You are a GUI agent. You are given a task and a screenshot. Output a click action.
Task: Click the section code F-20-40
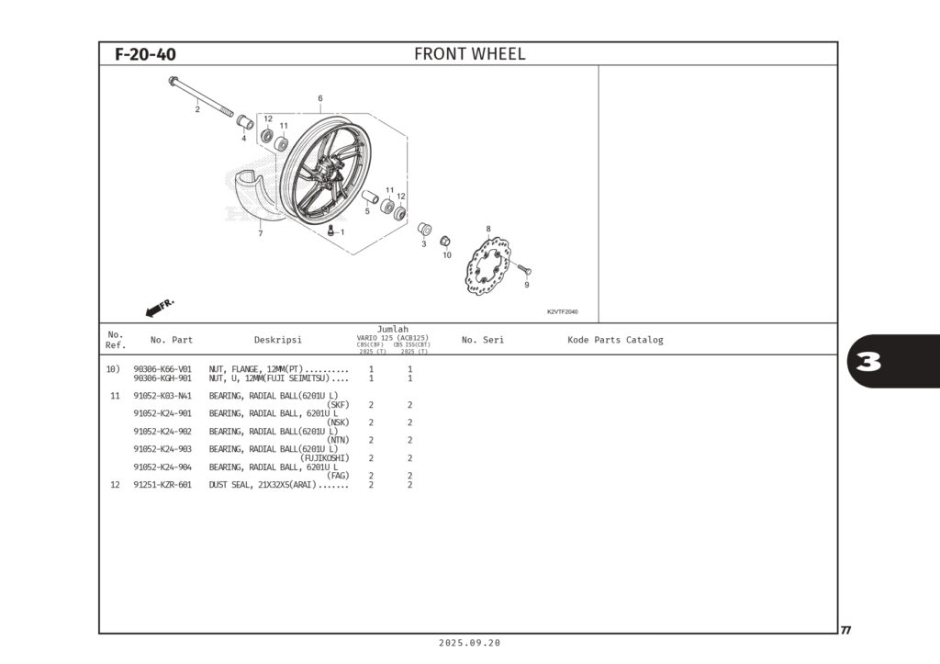pyautogui.click(x=145, y=54)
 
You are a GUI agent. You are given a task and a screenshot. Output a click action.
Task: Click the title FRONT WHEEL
pyautogui.click(x=469, y=54)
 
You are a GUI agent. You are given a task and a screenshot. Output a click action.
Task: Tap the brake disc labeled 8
pyautogui.click(x=487, y=266)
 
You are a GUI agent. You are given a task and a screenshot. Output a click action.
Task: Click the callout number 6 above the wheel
pyautogui.click(x=320, y=98)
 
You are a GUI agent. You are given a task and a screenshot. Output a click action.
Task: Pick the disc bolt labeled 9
pyautogui.click(x=524, y=270)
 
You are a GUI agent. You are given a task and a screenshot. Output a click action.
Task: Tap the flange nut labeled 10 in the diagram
pyautogui.click(x=444, y=242)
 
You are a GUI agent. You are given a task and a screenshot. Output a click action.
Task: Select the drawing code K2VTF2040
pyautogui.click(x=562, y=311)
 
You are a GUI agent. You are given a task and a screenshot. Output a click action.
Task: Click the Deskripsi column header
pyautogui.click(x=277, y=340)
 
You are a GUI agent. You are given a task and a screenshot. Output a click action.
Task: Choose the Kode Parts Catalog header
pyautogui.click(x=615, y=340)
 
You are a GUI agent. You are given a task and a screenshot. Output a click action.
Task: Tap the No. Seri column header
pyautogui.click(x=482, y=340)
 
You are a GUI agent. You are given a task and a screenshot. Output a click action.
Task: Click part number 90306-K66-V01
pyautogui.click(x=162, y=369)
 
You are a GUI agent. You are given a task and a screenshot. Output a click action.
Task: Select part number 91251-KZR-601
pyautogui.click(x=162, y=485)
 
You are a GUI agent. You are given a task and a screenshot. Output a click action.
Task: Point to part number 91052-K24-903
pyautogui.click(x=162, y=449)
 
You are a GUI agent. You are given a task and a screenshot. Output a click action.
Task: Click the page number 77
pyautogui.click(x=845, y=630)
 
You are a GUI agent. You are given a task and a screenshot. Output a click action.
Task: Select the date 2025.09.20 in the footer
pyautogui.click(x=469, y=644)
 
